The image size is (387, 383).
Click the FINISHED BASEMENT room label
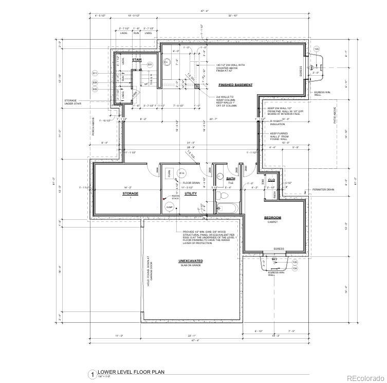(x=235, y=84)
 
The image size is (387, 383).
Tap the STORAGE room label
(x=130, y=194)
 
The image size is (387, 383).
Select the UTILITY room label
(x=191, y=194)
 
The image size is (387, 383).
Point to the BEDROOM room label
(x=272, y=217)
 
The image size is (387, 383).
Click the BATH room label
(x=231, y=179)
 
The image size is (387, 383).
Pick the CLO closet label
(x=271, y=181)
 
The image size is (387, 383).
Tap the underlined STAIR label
(x=137, y=60)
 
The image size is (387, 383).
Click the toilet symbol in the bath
(x=219, y=196)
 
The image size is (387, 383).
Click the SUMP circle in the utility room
(x=170, y=207)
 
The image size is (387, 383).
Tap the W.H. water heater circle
(x=181, y=173)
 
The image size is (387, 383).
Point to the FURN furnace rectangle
(x=169, y=173)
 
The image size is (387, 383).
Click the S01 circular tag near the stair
(x=150, y=64)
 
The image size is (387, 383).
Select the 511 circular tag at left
(x=95, y=74)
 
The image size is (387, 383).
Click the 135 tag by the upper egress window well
(x=317, y=49)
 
